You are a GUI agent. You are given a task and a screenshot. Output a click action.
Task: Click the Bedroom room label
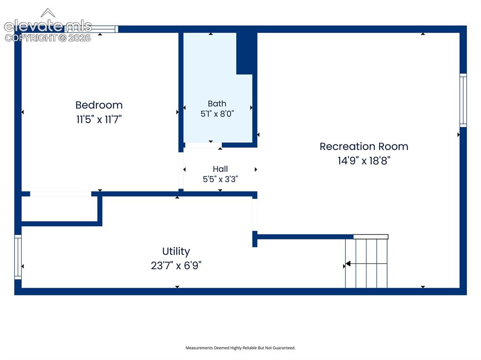click(99, 105)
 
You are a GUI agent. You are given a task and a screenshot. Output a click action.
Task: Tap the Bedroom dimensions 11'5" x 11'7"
click(99, 119)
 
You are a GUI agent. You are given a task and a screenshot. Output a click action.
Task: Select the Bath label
click(217, 104)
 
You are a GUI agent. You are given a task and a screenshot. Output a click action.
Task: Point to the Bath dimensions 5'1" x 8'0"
click(217, 114)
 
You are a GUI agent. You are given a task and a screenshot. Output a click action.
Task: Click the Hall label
click(220, 169)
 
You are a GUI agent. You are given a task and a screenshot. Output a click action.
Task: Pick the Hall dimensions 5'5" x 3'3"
click(220, 179)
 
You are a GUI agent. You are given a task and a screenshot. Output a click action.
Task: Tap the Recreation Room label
click(364, 146)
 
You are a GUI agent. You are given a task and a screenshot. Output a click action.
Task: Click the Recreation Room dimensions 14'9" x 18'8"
click(364, 161)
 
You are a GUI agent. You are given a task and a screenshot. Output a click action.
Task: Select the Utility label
click(176, 252)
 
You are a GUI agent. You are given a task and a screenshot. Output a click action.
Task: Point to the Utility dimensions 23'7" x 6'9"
click(176, 266)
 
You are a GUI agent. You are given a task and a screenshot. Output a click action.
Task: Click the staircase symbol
click(366, 263)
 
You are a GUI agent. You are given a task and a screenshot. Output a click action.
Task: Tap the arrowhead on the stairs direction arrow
click(348, 263)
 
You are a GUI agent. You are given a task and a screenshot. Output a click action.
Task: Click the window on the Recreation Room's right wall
click(463, 100)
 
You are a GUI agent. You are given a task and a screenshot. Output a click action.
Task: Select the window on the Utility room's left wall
click(18, 257)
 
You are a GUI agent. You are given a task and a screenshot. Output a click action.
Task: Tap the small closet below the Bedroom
click(60, 208)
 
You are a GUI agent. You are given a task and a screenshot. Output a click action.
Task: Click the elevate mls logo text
click(48, 26)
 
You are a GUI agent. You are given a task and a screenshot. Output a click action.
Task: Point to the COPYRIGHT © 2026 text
click(48, 38)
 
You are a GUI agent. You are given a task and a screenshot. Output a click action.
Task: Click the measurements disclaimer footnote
click(240, 348)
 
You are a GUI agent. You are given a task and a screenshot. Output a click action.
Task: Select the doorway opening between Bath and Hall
click(203, 145)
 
